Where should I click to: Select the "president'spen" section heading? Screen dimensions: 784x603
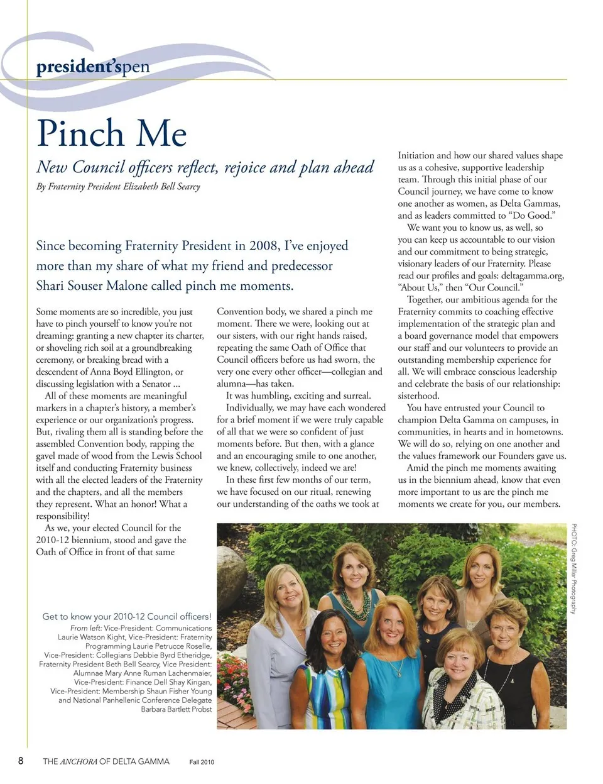point(93,66)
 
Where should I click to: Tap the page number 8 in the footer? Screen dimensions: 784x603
point(21,761)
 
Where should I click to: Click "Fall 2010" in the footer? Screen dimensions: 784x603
point(202,762)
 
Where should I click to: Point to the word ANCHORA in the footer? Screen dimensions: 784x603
point(79,761)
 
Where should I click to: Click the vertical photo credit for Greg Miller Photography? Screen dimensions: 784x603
point(573,569)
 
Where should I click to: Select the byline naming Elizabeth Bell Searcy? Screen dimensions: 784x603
point(118,187)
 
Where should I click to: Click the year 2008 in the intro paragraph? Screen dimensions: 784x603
point(264,246)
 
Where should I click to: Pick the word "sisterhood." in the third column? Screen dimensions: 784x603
point(418,396)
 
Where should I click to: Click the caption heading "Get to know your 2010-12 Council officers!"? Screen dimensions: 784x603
point(127,617)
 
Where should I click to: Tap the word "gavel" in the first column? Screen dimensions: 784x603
point(48,456)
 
